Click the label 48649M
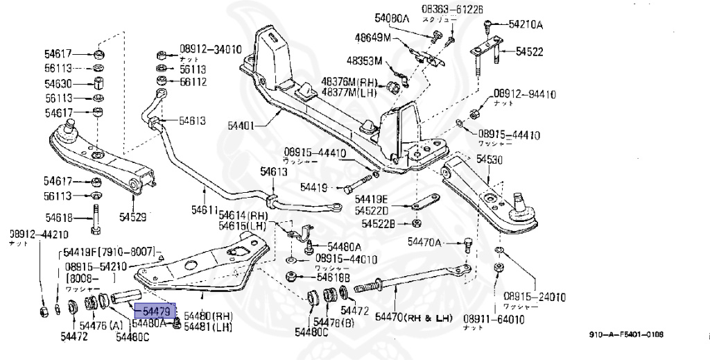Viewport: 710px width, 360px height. tap(373, 37)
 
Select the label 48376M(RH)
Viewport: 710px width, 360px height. tap(351, 81)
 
